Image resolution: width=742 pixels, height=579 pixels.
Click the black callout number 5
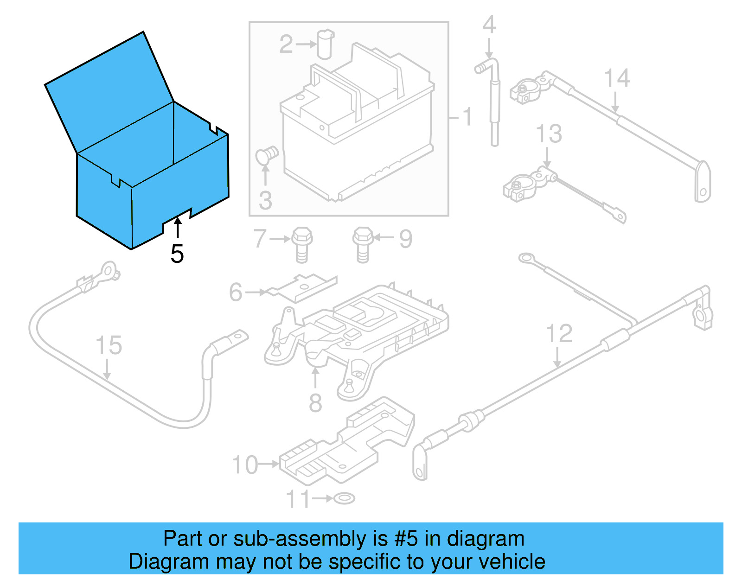point(177,254)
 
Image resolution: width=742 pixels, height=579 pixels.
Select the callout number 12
point(559,334)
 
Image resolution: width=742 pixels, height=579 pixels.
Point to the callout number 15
point(109,346)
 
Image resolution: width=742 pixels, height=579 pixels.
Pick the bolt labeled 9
point(363,244)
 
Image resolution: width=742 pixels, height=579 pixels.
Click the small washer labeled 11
point(344,498)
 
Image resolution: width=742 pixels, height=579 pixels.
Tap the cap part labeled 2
point(326,44)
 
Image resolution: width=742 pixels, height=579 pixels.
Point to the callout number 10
point(245,465)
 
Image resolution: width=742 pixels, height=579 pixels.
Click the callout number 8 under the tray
point(315,402)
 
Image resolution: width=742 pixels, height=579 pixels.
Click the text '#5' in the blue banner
point(406,539)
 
